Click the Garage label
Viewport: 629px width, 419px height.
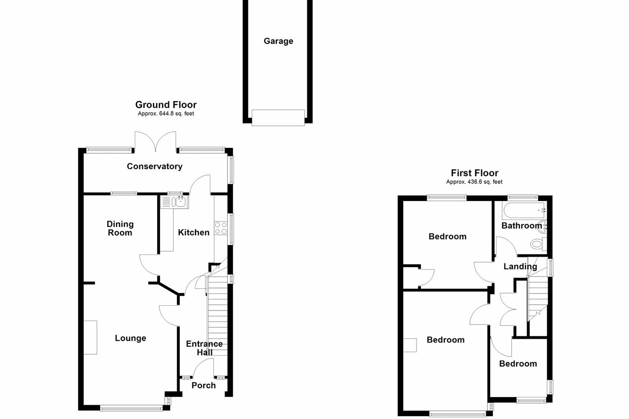(278, 41)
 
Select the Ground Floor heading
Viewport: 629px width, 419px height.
(166, 105)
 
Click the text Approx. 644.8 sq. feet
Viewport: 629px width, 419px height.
(166, 114)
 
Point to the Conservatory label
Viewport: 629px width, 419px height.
(155, 166)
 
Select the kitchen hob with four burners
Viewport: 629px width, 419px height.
(221, 228)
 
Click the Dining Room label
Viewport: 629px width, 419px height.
(120, 228)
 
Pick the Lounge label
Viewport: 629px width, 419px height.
(130, 338)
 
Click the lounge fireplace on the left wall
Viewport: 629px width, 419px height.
(90, 337)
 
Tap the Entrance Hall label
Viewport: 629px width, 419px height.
(204, 348)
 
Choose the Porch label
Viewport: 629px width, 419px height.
(204, 385)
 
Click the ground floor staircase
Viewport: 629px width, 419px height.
(217, 315)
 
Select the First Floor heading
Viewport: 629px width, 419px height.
(474, 173)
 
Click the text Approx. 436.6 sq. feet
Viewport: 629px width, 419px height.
(474, 182)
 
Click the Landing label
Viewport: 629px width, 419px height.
(520, 266)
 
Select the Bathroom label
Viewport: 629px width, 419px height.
(521, 225)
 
